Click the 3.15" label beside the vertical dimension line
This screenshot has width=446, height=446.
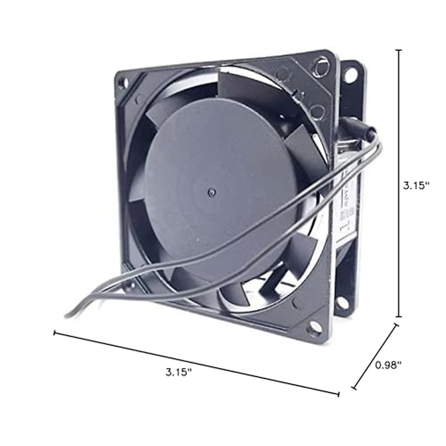(416, 185)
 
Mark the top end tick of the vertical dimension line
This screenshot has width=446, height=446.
(400, 50)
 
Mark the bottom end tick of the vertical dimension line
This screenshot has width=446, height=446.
(400, 317)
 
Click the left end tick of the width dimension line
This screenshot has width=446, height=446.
(55, 333)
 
